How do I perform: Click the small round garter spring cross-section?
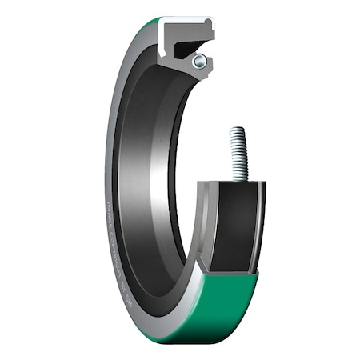tap(200, 60)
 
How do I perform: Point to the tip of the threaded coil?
tap(237, 130)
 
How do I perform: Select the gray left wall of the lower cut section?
tap(203, 224)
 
